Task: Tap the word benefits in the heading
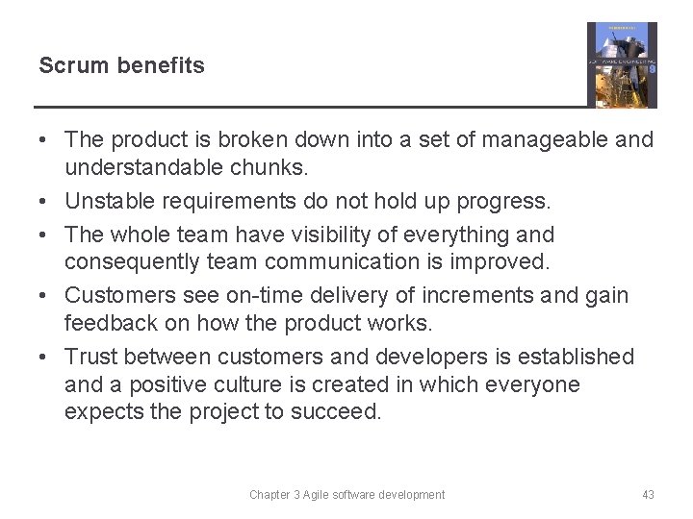click(161, 65)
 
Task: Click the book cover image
click(622, 65)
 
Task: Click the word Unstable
click(106, 201)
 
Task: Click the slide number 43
click(648, 495)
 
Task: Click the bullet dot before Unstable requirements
click(44, 201)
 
